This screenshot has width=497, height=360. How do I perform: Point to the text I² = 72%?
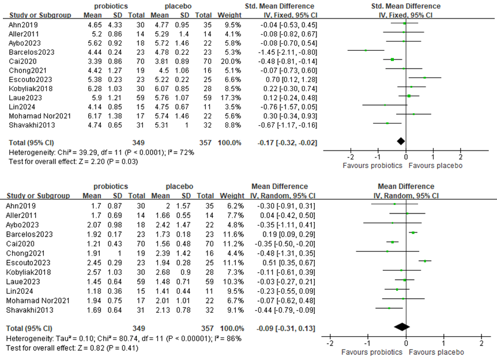tap(180, 152)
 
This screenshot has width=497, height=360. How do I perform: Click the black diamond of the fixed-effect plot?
tap(401, 140)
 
